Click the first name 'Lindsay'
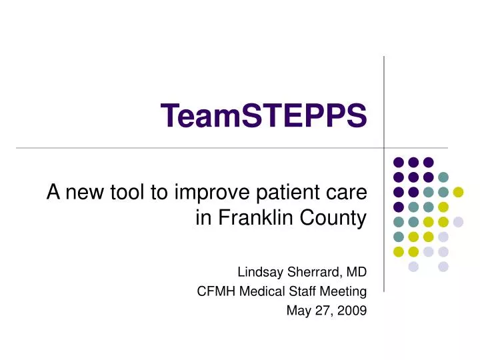click(257, 273)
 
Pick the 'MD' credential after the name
click(356, 272)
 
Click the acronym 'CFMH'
click(213, 291)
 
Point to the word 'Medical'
click(257, 291)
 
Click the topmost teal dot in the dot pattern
click(443, 177)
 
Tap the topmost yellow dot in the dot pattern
click(458, 192)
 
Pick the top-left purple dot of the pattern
click(399, 162)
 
